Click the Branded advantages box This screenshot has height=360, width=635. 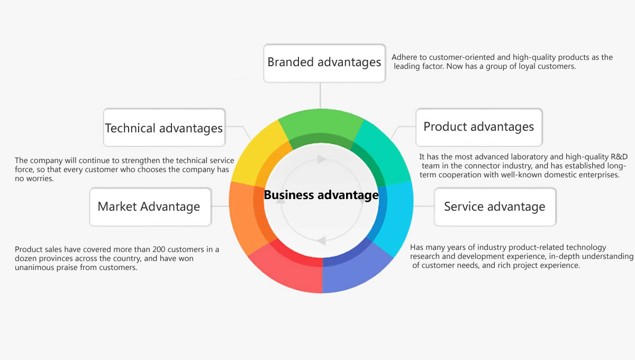coord(324,63)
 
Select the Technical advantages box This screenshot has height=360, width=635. coord(164,128)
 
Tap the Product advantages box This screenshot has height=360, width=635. coord(479,128)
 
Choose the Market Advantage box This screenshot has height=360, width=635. coord(150,207)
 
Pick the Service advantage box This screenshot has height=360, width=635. coord(495,207)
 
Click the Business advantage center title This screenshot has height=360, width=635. coord(321,195)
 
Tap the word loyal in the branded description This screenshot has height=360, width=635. coord(527,66)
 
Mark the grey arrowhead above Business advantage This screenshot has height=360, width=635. coord(321,159)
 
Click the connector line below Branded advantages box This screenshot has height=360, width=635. coord(320,96)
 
